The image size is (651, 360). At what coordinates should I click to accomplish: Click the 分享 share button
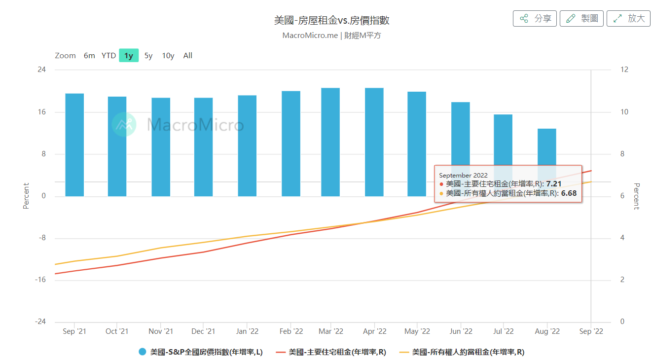[x=535, y=19]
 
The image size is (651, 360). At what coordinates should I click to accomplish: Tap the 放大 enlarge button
[x=628, y=19]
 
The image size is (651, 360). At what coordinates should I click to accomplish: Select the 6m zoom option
[x=89, y=56]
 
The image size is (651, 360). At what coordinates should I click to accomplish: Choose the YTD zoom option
[x=108, y=56]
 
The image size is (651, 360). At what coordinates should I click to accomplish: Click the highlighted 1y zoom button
[x=129, y=56]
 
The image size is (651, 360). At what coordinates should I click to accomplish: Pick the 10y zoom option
[x=168, y=56]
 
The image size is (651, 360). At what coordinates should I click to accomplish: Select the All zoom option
[x=188, y=56]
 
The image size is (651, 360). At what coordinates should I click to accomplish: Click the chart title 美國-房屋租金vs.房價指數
[x=331, y=20]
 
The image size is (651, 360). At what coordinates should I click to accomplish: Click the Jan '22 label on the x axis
[x=247, y=331]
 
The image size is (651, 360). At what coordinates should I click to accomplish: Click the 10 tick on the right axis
[x=624, y=112]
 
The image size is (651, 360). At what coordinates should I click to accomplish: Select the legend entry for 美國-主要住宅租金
[x=331, y=352]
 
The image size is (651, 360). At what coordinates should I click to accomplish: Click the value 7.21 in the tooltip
[x=554, y=184]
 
